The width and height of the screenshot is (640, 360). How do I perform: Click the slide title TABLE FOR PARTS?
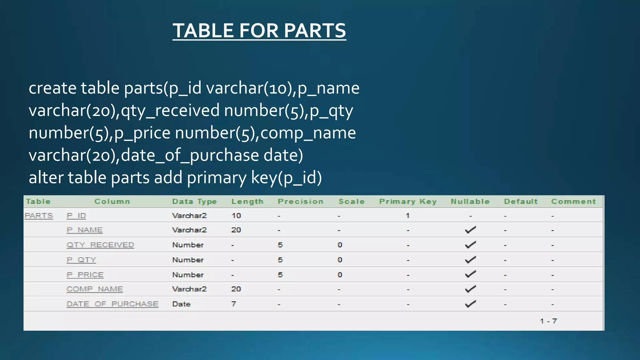(259, 31)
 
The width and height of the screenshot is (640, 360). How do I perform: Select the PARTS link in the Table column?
(39, 216)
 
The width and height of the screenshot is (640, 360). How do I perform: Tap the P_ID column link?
(76, 216)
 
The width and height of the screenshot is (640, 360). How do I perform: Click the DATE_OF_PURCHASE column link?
(112, 304)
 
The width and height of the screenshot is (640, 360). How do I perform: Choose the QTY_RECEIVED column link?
(100, 245)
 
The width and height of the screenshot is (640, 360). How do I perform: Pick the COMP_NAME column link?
(95, 289)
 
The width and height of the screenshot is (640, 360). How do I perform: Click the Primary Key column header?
(408, 202)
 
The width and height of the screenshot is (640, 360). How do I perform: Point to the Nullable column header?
(470, 202)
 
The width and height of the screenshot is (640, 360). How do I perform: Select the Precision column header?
(301, 202)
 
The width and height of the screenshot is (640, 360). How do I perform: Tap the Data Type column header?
(194, 202)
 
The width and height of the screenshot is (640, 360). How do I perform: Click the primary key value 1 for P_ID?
(407, 216)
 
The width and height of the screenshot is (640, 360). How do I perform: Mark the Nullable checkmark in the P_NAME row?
(470, 230)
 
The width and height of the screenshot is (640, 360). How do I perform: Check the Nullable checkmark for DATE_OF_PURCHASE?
(470, 304)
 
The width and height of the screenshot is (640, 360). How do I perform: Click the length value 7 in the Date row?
(233, 304)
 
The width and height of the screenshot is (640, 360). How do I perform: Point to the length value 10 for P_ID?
(236, 216)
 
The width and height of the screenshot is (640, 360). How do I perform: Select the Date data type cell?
(181, 304)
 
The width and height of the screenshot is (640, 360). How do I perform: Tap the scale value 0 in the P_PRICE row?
(340, 275)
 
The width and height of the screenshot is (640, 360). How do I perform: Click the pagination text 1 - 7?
(548, 321)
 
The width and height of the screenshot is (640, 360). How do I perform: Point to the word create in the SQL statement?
(52, 88)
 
